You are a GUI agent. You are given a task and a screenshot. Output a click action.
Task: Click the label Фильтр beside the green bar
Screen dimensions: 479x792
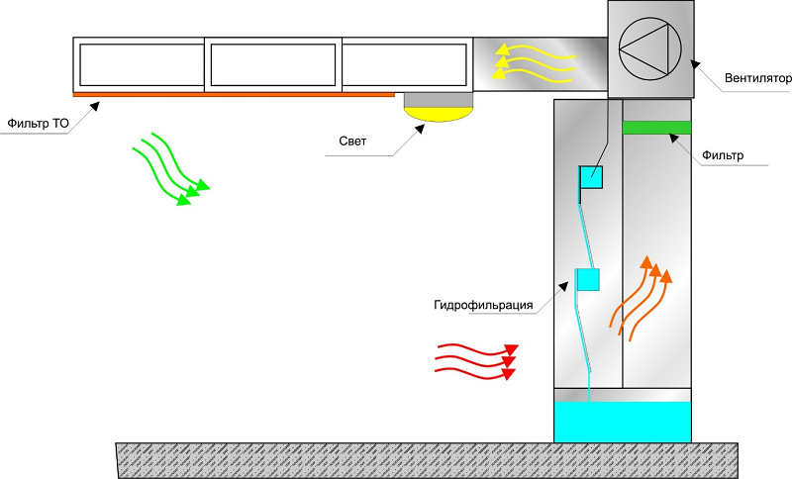coord(722,155)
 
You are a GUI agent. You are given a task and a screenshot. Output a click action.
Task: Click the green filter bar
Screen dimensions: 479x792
coord(656,127)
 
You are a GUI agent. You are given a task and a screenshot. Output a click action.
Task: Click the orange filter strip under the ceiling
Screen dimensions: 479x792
coord(234,95)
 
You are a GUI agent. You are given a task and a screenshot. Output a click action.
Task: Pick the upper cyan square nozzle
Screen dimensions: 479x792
coord(592,177)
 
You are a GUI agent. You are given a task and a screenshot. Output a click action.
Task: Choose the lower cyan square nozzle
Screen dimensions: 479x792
coord(588,280)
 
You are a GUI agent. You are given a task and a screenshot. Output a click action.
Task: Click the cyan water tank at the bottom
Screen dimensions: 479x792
coord(622,421)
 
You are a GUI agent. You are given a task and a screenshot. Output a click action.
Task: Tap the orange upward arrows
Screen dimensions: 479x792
coord(643,296)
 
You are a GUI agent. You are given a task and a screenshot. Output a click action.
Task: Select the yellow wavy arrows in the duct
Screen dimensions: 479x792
coord(535,62)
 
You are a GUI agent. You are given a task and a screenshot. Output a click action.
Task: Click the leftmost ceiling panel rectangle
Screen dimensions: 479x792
coord(139,64)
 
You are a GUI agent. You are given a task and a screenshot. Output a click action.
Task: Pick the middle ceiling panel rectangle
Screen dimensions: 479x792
coord(272,64)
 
